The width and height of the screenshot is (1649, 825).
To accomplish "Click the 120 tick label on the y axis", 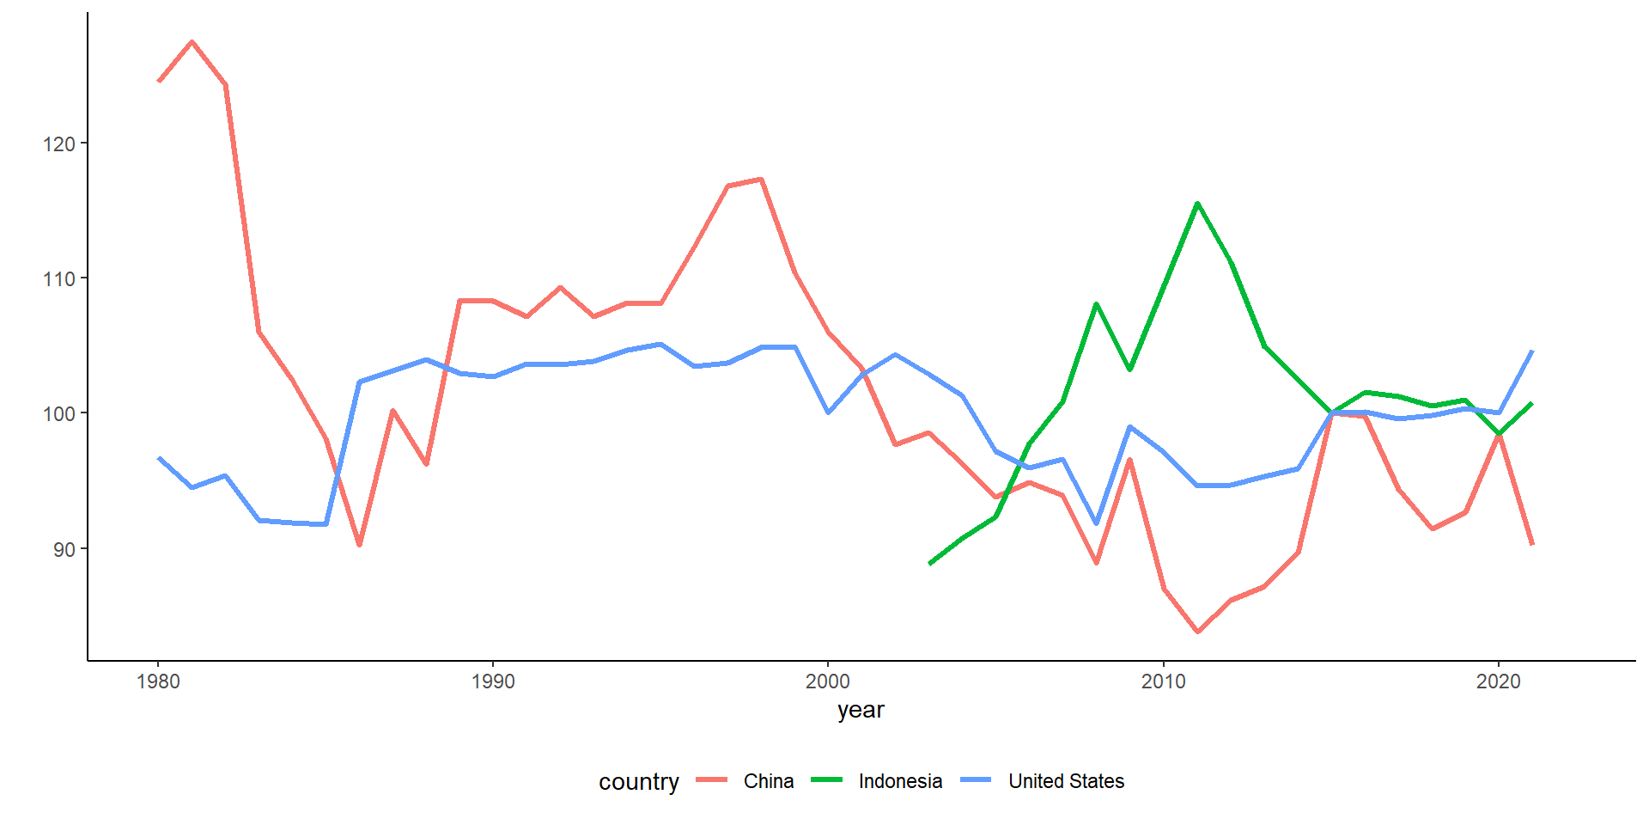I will [x=58, y=144].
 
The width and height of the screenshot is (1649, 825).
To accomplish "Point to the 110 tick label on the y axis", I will [x=58, y=278].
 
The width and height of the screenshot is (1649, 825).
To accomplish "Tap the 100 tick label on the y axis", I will [x=58, y=413].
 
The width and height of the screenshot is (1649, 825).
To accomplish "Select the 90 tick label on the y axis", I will [x=64, y=549].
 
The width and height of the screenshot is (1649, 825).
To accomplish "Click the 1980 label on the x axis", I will [x=158, y=681].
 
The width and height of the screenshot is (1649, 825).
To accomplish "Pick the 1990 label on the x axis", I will [x=493, y=681].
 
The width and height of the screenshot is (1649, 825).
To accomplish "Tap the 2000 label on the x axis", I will [x=828, y=681].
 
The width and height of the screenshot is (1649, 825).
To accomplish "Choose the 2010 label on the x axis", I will [x=1163, y=681].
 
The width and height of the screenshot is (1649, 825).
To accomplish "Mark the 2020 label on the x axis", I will [x=1498, y=681].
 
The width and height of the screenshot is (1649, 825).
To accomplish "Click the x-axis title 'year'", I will [x=861, y=710].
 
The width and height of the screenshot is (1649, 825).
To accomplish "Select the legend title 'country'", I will [x=638, y=782].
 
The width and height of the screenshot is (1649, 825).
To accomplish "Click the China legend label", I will [x=769, y=781].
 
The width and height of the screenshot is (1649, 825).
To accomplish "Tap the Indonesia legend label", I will [x=900, y=781].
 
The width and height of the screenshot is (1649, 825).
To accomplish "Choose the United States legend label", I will [x=1066, y=781].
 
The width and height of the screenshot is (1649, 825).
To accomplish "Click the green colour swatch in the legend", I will [x=827, y=780].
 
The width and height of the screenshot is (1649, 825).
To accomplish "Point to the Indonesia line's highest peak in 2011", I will [x=1197, y=204].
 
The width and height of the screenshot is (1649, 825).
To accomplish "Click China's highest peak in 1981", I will [x=192, y=41].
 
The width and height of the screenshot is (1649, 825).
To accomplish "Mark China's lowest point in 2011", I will [x=1197, y=632].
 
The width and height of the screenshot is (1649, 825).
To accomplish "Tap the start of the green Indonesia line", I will [x=930, y=564].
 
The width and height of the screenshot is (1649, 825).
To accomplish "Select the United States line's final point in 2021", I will [x=1531, y=351].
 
